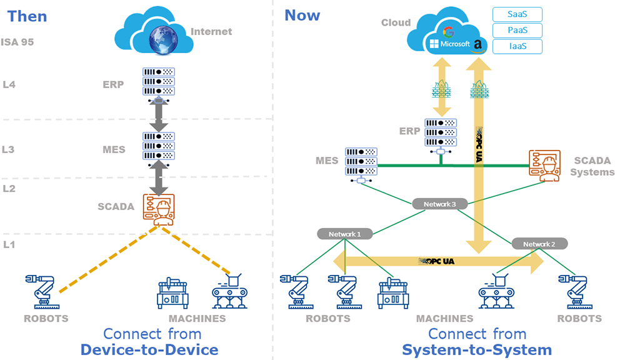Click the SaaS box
(x=517, y=14)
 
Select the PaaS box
(x=517, y=30)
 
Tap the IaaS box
(x=517, y=46)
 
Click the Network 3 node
(x=441, y=204)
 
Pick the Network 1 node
(x=345, y=234)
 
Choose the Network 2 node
(x=539, y=244)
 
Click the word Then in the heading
(x=27, y=16)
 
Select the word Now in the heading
(x=302, y=16)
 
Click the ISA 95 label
(x=17, y=42)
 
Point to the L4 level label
(x=9, y=84)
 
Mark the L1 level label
(x=9, y=244)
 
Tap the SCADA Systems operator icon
(x=544, y=166)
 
